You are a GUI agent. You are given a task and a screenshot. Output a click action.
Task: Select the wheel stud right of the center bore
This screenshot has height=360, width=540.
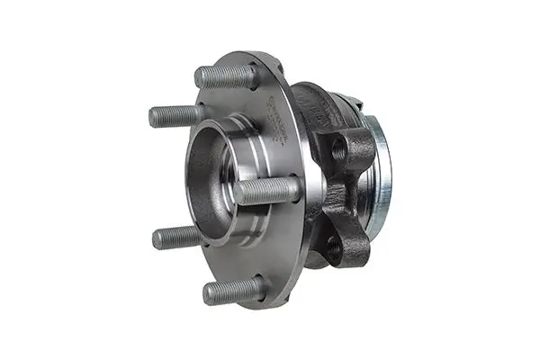tap(267, 190)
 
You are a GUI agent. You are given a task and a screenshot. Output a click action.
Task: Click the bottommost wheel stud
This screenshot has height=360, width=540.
tap(232, 290)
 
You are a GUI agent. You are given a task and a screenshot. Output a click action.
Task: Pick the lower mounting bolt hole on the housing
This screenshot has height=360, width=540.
tap(335, 246)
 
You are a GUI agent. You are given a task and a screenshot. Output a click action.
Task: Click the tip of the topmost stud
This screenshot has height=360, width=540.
tap(200, 78)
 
